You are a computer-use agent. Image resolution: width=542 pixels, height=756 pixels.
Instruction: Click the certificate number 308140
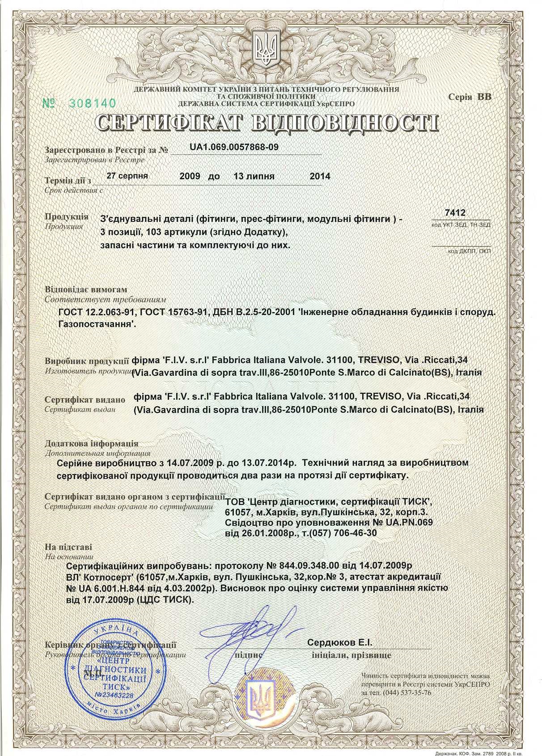[92, 103]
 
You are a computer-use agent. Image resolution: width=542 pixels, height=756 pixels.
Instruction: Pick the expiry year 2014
[320, 176]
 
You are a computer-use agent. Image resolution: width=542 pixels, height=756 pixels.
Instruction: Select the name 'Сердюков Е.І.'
[340, 642]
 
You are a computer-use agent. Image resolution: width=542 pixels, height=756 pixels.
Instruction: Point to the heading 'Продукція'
[66, 217]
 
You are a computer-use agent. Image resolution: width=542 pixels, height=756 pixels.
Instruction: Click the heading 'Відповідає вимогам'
[86, 289]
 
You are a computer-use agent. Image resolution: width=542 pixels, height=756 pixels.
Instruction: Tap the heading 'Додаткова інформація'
[92, 444]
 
